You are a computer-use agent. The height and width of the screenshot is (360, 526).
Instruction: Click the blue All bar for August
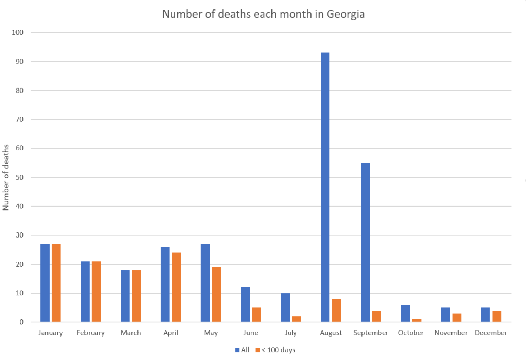pyautogui.click(x=325, y=187)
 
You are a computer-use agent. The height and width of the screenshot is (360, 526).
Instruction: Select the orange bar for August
pyautogui.click(x=337, y=310)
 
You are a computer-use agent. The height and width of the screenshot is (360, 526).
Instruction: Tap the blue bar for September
pyautogui.click(x=365, y=242)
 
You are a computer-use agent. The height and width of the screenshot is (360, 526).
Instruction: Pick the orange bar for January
pyautogui.click(x=56, y=283)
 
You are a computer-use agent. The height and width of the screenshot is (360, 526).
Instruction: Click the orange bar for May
pyautogui.click(x=216, y=295)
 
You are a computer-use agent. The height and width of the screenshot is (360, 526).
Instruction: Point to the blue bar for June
pyautogui.click(x=245, y=305)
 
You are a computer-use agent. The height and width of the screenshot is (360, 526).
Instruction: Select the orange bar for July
pyautogui.click(x=297, y=319)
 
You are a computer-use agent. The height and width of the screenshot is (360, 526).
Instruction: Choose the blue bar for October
pyautogui.click(x=405, y=314)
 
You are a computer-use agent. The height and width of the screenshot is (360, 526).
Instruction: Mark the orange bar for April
pyautogui.click(x=176, y=287)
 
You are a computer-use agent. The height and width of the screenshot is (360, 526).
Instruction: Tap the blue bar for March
pyautogui.click(x=125, y=296)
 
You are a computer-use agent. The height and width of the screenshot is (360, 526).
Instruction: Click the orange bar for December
pyautogui.click(x=497, y=316)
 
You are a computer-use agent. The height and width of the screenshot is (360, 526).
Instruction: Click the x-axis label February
pyautogui.click(x=91, y=333)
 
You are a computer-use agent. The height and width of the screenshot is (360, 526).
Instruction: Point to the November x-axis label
pyautogui.click(x=451, y=333)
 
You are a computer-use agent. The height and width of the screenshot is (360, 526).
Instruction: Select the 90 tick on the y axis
pyautogui.click(x=19, y=61)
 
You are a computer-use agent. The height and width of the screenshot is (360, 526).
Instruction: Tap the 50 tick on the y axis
pyautogui.click(x=19, y=177)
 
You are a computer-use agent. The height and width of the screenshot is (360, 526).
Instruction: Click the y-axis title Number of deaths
pyautogui.click(x=6, y=177)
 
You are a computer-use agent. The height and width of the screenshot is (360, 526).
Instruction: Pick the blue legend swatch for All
pyautogui.click(x=237, y=350)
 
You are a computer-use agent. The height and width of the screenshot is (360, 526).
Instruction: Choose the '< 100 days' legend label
pyautogui.click(x=278, y=350)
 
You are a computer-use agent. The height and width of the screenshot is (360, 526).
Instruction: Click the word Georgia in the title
pyautogui.click(x=346, y=15)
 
